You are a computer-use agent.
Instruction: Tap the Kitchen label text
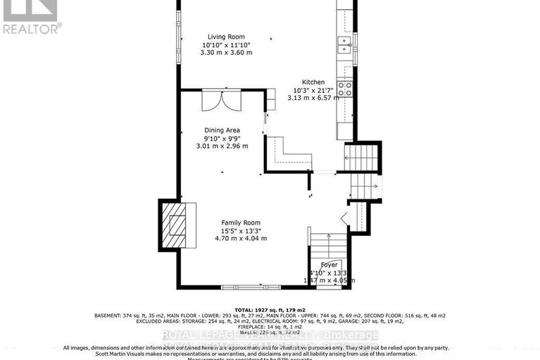tap(313, 82)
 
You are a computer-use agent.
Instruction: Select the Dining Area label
tap(222, 130)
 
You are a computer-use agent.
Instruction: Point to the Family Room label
tap(241, 222)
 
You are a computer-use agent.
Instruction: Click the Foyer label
tap(329, 264)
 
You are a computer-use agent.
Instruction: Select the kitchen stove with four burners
tap(346, 89)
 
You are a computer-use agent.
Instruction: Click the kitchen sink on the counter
tap(344, 44)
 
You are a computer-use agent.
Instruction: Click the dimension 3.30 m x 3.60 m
tap(226, 53)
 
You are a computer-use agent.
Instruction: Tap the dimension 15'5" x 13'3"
tap(241, 230)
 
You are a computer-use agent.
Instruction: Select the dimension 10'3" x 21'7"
tap(313, 90)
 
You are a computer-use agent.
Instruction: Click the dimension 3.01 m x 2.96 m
tap(222, 147)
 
